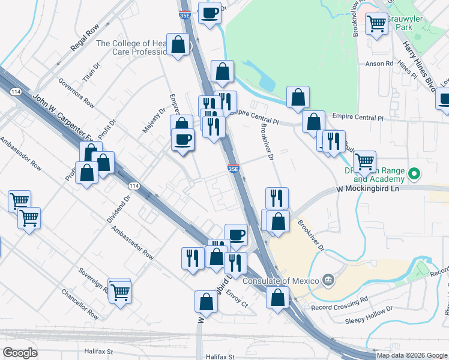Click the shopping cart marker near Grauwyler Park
point(376,24)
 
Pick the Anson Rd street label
point(379,63)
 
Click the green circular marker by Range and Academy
point(413,175)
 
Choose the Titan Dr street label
point(90,75)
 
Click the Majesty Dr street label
point(153,121)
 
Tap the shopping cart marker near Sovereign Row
point(121,292)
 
